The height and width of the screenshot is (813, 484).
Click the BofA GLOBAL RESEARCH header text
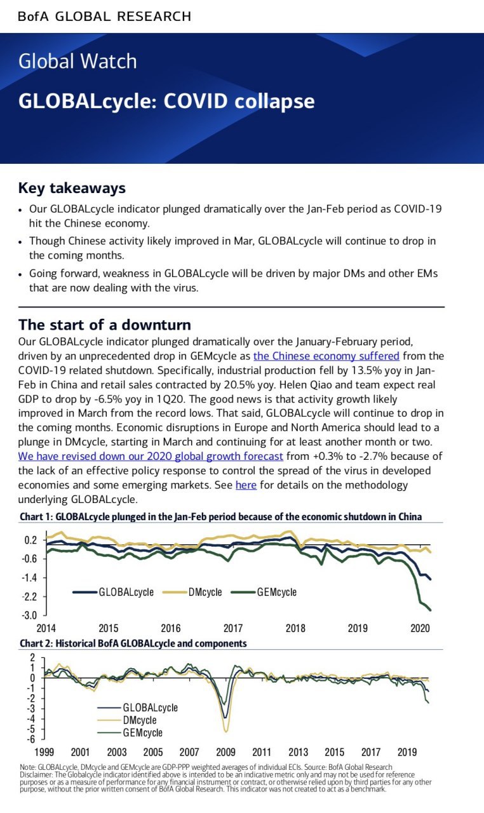105,17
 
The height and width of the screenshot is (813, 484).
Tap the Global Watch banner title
77,61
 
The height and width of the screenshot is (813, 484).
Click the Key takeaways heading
72,188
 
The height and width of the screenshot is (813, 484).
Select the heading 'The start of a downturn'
105,325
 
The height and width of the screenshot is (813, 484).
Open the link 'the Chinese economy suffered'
326,356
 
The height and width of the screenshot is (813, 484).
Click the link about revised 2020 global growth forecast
151,456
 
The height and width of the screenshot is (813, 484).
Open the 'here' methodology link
246,485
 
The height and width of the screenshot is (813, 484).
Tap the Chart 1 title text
220,516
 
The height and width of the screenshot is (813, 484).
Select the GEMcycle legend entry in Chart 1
264,592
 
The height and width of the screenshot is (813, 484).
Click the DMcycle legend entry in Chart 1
192,592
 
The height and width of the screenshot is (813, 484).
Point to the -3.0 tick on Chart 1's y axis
30,615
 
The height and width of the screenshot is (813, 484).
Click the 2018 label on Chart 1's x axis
295,628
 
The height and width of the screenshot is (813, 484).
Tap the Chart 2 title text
133,643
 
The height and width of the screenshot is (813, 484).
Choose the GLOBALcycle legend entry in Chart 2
138,707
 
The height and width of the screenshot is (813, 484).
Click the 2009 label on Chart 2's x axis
225,752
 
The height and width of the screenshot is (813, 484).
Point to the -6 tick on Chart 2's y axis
32,739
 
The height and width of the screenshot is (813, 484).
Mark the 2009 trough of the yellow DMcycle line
226,732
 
